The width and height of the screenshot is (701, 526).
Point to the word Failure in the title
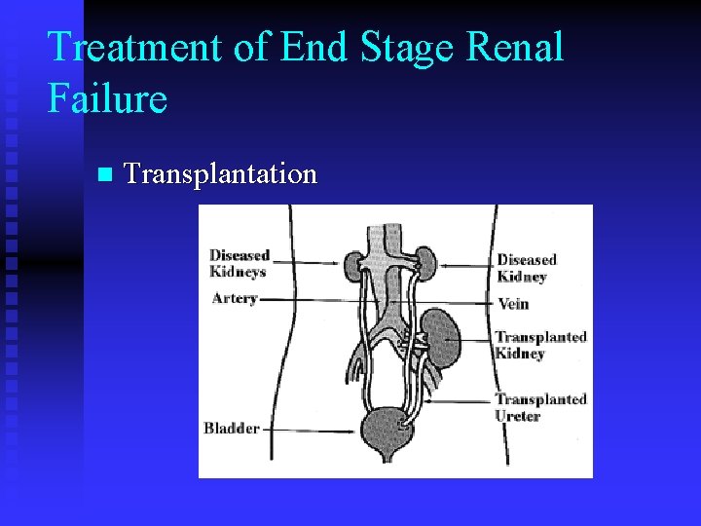coord(107,97)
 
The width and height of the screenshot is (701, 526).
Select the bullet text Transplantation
coord(221,174)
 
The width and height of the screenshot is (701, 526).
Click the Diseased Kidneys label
coord(239,263)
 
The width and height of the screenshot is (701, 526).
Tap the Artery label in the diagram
coord(235,298)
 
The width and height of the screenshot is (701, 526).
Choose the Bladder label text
coord(232,428)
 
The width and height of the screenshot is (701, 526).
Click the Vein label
coord(513,303)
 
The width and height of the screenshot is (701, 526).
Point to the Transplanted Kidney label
coord(540,345)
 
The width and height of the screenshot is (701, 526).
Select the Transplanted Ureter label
coord(540,407)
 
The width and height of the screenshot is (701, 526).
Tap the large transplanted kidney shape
coord(443,336)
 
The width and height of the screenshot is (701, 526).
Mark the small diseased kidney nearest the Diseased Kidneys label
coord(353,262)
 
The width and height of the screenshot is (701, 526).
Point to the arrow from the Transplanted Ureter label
coord(458,399)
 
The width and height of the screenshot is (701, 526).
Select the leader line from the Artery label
coord(312,299)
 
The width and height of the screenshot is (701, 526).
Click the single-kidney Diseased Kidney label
coord(527,268)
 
